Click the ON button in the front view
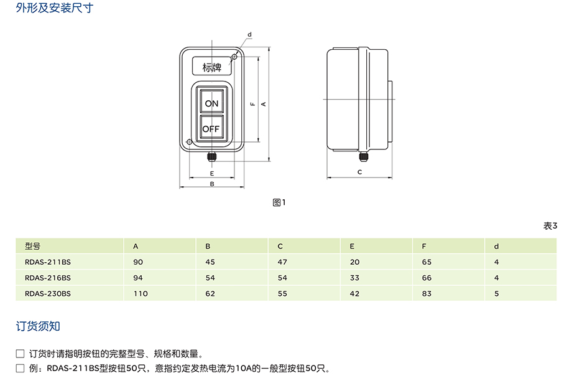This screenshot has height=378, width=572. pos(211,103)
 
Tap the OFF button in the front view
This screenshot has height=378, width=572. pos(211,129)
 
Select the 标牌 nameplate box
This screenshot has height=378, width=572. pos(212,67)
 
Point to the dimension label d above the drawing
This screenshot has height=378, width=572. pos(249,34)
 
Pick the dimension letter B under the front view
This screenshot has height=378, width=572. pos(211,184)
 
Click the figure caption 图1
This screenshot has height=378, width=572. pos(279,202)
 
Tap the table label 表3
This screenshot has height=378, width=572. pos(550,226)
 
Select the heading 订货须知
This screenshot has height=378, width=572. pos(38,326)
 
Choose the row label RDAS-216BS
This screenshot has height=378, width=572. pos(48,278)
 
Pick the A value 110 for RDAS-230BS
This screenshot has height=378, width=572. pos(141,293)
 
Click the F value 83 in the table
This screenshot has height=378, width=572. pos(427,293)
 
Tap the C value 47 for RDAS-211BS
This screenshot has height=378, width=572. pos(282,262)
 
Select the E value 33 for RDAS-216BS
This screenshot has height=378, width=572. pos(354,278)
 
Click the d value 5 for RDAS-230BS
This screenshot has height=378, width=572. pos(496,293)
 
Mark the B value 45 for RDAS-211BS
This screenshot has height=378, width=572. pos(210,262)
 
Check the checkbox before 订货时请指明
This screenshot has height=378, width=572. pos(20,354)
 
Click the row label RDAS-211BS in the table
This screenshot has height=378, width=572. pos(48,262)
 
